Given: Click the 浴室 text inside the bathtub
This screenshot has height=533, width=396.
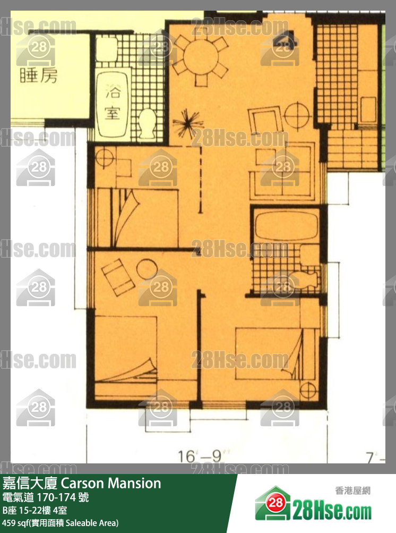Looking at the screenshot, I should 112,102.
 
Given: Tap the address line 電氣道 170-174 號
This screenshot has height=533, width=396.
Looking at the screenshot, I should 46,498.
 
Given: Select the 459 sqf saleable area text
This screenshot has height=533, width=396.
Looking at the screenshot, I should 61,523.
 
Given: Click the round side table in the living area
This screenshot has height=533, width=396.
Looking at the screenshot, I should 296,113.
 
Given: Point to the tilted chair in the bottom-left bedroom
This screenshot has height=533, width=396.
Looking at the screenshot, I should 118,277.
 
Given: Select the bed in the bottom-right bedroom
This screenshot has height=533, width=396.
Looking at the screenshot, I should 276,353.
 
